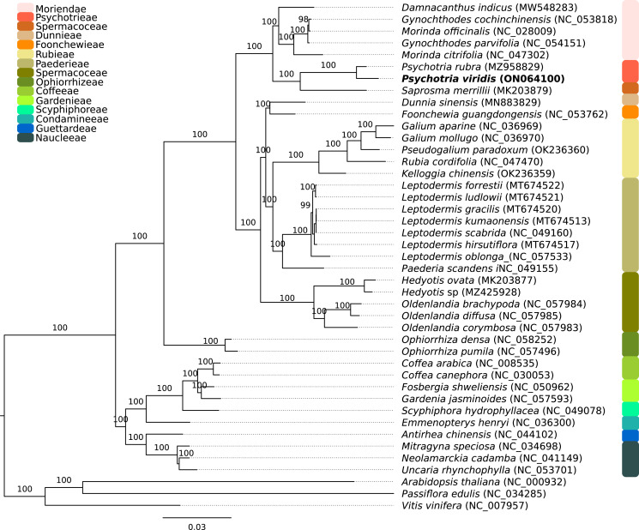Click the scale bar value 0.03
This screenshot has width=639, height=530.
(197, 527)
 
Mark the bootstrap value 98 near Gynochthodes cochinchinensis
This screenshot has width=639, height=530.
(302, 19)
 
